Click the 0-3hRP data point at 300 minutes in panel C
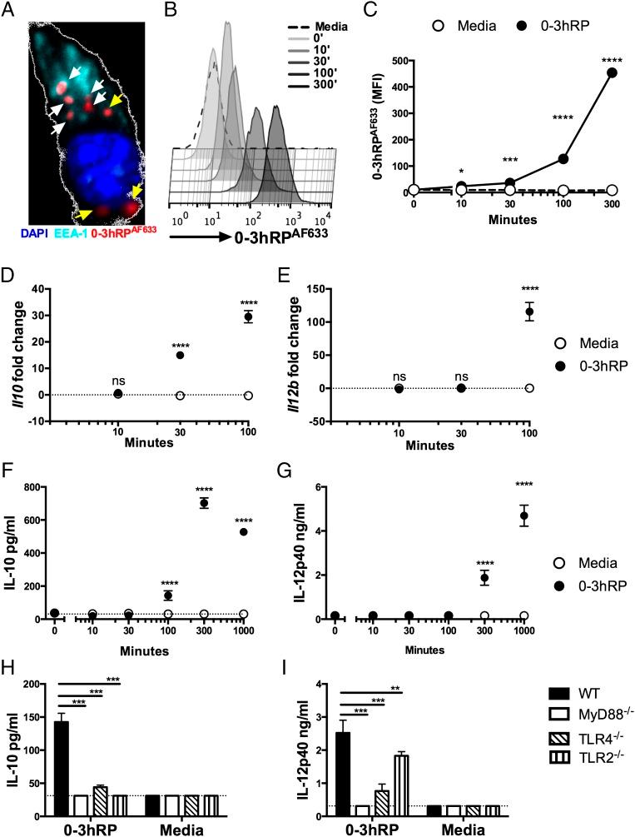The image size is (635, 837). point(589,73)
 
